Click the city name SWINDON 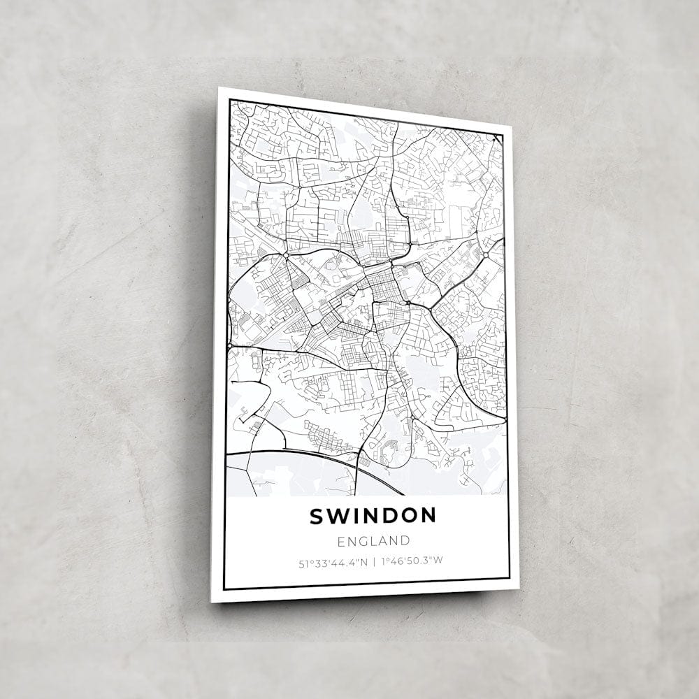click(373, 516)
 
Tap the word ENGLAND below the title click(373, 540)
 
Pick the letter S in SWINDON click(316, 516)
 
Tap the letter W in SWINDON click(336, 516)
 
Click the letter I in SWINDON click(354, 516)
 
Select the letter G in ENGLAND click(362, 540)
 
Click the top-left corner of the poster click(219, 88)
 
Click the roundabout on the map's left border click(230, 345)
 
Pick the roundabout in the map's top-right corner click(495, 140)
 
